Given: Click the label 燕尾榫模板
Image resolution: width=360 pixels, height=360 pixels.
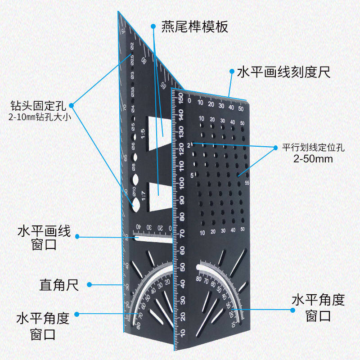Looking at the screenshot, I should (x=195, y=27).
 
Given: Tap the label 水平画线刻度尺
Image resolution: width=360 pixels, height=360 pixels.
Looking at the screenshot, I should (x=283, y=72).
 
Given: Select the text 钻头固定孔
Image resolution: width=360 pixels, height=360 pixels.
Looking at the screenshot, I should (x=38, y=107).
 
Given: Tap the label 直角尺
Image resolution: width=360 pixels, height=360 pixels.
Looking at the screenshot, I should (x=59, y=284).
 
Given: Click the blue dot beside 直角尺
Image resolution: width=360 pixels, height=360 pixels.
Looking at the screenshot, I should (x=89, y=284).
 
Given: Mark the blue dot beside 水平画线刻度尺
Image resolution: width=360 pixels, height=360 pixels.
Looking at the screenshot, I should (x=231, y=72).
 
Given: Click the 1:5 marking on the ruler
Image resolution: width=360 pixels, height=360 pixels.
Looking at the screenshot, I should (x=143, y=134).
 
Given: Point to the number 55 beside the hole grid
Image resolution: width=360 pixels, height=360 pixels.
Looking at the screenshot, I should (x=247, y=183).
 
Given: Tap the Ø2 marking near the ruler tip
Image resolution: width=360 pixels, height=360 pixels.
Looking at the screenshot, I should (x=132, y=46).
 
